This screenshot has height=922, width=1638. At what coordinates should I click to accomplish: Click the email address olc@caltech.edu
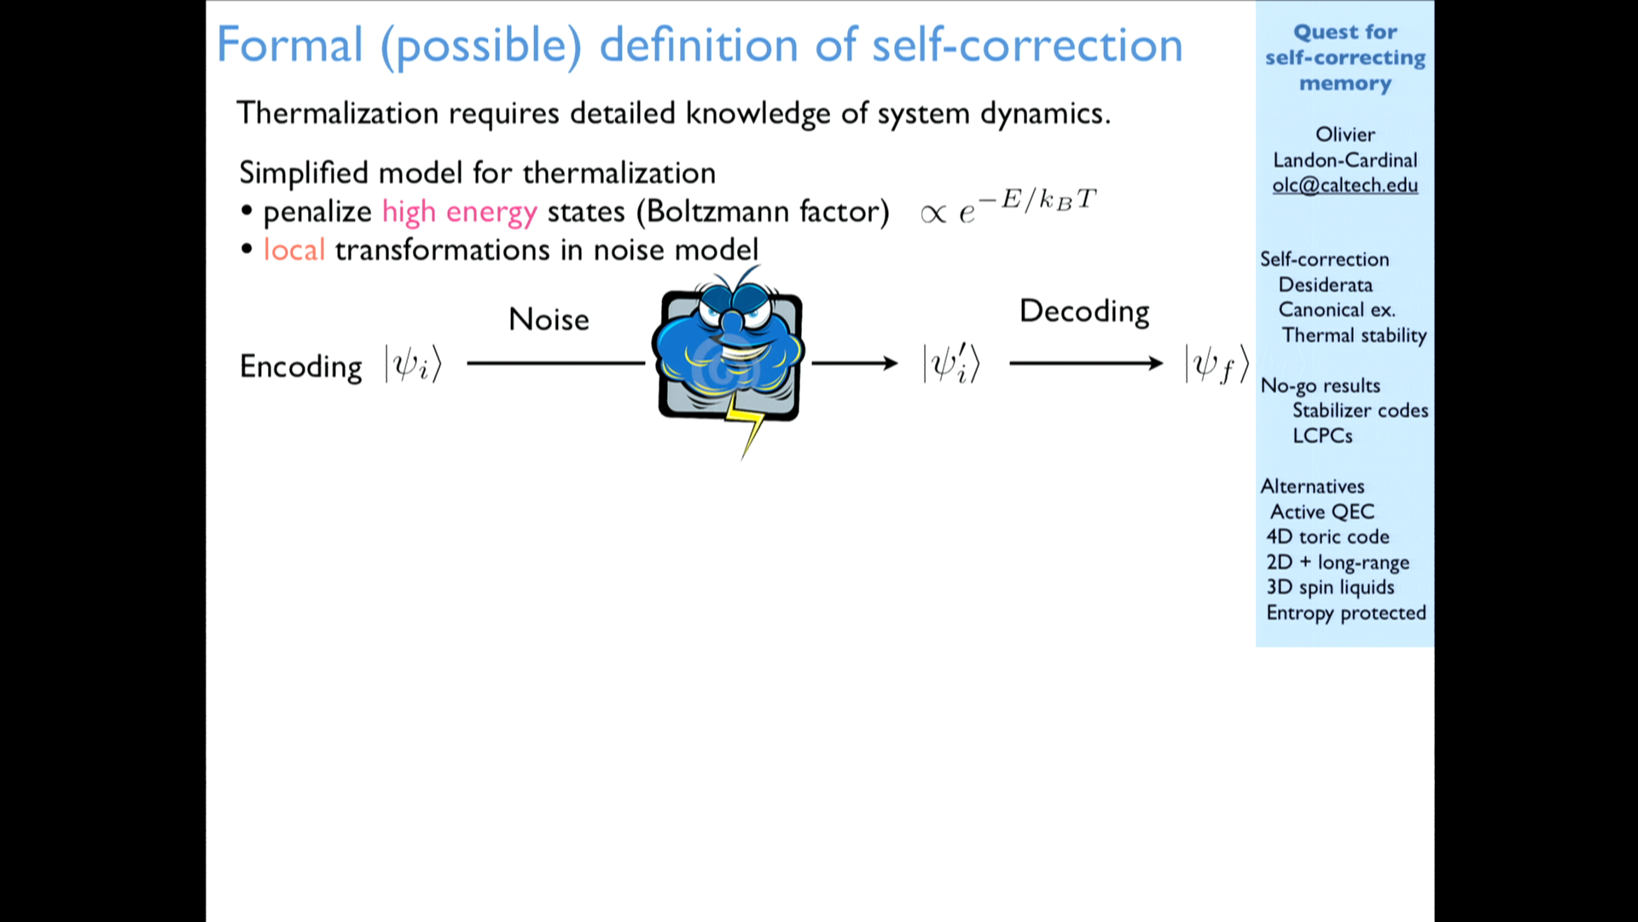[x=1345, y=185]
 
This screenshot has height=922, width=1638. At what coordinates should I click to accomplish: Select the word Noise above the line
[x=549, y=319]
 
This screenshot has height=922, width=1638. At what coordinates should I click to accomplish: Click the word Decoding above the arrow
[x=1084, y=312]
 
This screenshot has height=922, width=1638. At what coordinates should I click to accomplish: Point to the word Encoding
[x=300, y=367]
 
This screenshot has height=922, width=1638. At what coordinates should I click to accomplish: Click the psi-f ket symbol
[x=1217, y=365]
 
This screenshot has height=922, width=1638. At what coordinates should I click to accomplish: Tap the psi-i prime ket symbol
[x=951, y=364]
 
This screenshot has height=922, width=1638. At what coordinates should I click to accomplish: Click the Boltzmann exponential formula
[x=1008, y=206]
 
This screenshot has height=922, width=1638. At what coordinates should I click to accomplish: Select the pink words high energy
[x=459, y=212]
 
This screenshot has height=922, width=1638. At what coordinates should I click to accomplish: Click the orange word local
[x=293, y=249]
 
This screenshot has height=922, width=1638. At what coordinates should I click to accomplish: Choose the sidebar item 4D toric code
[x=1327, y=537]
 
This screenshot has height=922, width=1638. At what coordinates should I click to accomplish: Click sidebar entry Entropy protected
[x=1346, y=613]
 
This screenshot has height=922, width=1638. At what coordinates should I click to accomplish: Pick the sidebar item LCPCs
[x=1322, y=435]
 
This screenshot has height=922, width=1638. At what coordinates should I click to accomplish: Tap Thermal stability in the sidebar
[x=1354, y=336]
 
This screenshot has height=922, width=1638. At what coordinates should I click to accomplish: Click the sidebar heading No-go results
[x=1320, y=386]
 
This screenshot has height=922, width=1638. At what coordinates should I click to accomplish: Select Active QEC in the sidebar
[x=1322, y=511]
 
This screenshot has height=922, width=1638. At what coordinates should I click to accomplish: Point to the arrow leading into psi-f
[x=1086, y=364]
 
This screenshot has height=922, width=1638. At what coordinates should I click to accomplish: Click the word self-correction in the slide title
[x=1027, y=44]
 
